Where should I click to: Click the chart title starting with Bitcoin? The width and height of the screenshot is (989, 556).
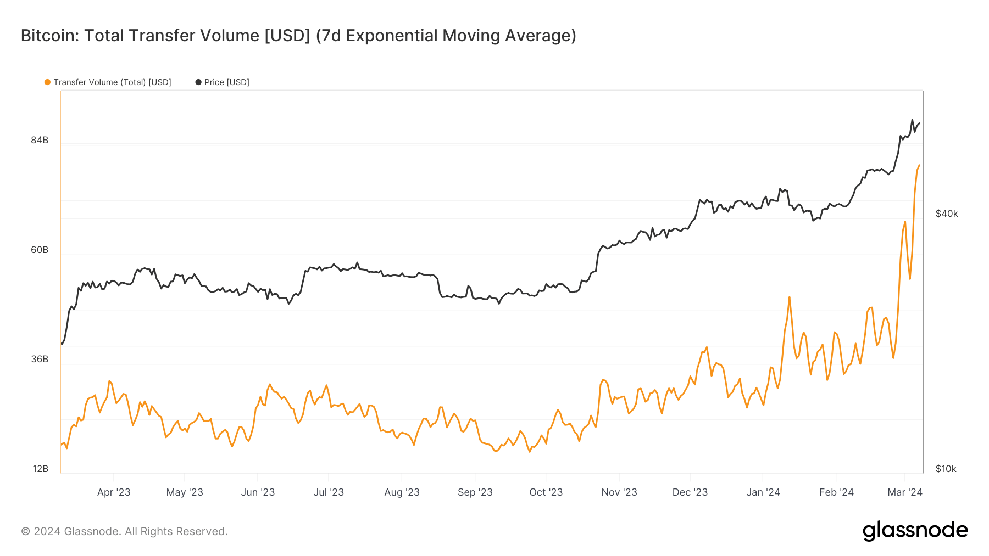tap(298, 36)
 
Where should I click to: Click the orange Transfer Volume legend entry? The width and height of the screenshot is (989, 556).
tap(108, 82)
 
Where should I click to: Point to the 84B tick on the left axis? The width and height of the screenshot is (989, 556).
tap(40, 140)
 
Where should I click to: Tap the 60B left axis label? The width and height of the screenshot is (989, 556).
tap(40, 250)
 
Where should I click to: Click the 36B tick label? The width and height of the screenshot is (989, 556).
tap(40, 359)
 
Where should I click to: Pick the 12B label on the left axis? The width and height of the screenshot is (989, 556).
tap(40, 469)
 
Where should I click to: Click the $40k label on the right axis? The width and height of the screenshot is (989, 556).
tap(947, 214)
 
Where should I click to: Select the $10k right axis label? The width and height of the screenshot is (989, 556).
tap(946, 469)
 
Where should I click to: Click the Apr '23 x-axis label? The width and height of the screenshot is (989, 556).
tap(114, 492)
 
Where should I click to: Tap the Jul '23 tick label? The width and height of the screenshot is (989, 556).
tap(329, 492)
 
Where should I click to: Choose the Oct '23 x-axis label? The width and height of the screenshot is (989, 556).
tap(546, 492)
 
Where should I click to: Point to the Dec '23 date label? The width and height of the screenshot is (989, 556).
tap(690, 492)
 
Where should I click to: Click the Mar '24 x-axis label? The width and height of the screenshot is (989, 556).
tap(905, 492)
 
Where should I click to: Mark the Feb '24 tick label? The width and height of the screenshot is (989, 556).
tap(836, 492)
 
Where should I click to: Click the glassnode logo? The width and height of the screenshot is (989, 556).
tap(915, 531)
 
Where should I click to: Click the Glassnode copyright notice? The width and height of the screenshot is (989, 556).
tap(124, 531)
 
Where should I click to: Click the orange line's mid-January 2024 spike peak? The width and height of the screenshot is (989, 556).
tap(789, 297)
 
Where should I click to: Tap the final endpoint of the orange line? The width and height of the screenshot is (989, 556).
tap(919, 165)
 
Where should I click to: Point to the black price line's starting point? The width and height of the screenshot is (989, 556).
tap(62, 344)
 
